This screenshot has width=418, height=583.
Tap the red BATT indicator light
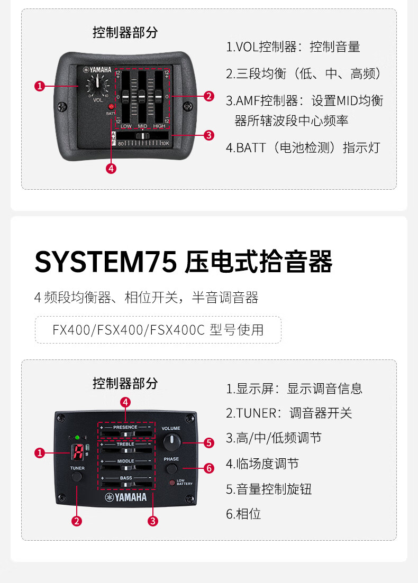tap(111, 107)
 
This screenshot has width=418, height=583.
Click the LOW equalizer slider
tap(126, 97)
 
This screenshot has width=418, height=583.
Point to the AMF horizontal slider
tap(142, 136)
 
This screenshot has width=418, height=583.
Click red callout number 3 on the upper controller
tap(209, 135)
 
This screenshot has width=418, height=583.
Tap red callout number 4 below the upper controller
tap(111, 169)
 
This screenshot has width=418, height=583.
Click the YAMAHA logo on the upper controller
tap(96, 70)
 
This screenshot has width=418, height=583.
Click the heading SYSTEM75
tap(105, 262)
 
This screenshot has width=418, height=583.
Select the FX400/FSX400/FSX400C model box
tap(158, 330)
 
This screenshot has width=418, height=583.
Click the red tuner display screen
tap(78, 452)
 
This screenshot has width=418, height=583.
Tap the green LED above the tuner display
tap(77, 438)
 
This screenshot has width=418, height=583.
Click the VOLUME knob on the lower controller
tap(171, 441)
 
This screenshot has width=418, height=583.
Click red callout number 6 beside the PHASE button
tap(209, 468)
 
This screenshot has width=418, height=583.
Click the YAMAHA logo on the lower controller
tap(126, 497)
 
